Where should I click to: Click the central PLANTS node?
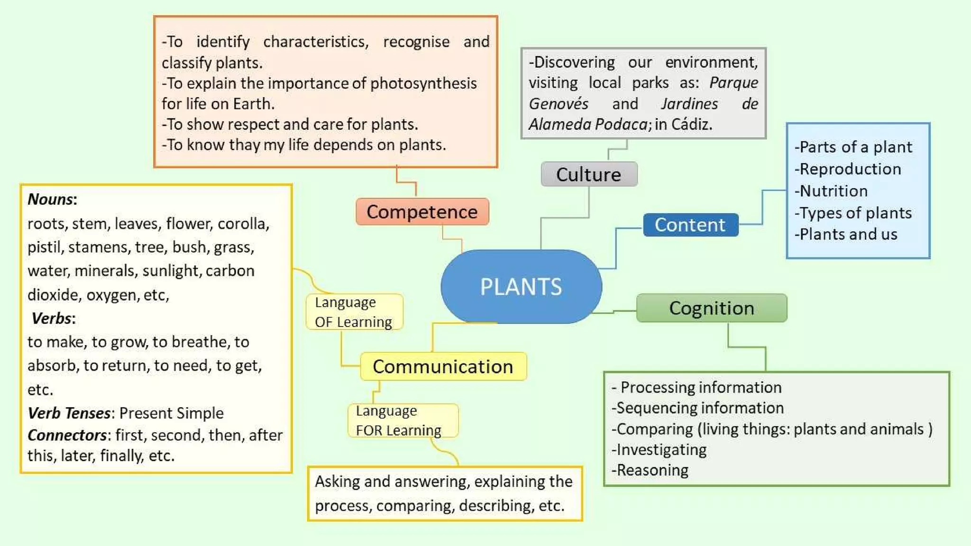(521, 287)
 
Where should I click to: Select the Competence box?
(422, 212)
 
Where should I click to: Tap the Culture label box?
(589, 174)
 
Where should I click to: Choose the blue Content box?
(690, 225)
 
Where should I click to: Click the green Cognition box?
(711, 308)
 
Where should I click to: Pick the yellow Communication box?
(443, 366)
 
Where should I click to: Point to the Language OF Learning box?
(354, 312)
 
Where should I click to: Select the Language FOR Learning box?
(399, 420)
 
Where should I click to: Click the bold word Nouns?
(50, 199)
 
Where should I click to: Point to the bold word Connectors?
(67, 435)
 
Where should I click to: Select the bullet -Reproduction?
(848, 169)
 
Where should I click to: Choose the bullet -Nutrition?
(832, 191)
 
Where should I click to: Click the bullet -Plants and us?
(846, 234)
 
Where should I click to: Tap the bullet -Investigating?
(660, 449)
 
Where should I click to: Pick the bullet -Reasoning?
(650, 470)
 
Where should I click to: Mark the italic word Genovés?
(559, 104)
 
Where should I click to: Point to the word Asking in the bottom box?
(338, 482)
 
